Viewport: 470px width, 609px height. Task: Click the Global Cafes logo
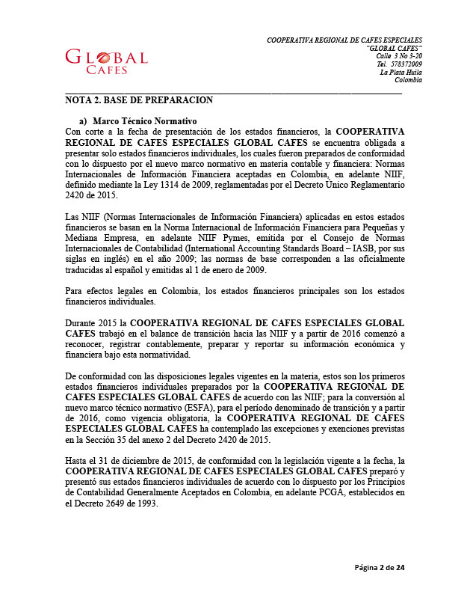coord(106,61)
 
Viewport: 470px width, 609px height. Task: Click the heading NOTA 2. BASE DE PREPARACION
coord(139,100)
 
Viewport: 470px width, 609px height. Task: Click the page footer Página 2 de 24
coord(380,568)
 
